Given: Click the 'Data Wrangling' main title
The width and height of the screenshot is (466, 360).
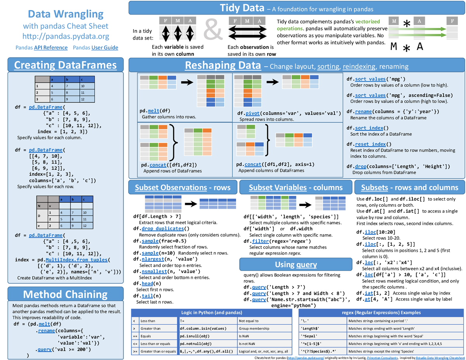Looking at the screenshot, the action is click(66, 14).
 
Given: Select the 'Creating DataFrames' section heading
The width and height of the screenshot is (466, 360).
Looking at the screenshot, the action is click(65, 65).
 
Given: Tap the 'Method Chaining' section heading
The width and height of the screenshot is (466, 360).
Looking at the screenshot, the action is click(65, 294).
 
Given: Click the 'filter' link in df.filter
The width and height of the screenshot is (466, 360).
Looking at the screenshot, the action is click(260, 241).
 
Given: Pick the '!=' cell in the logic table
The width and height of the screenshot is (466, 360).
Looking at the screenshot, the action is click(183, 321).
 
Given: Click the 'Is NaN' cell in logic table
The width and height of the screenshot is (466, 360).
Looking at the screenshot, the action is click(244, 336).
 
